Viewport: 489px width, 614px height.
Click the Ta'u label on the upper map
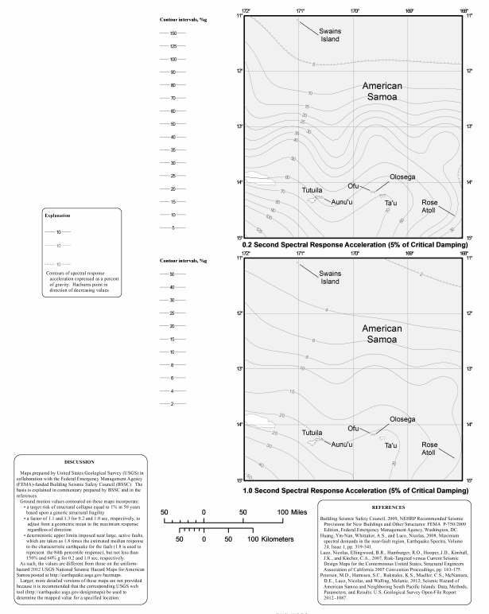(390, 204)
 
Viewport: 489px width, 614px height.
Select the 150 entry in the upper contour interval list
(173, 33)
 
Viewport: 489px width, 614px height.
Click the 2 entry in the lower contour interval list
(173, 404)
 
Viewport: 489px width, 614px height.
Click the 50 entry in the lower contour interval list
(173, 274)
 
